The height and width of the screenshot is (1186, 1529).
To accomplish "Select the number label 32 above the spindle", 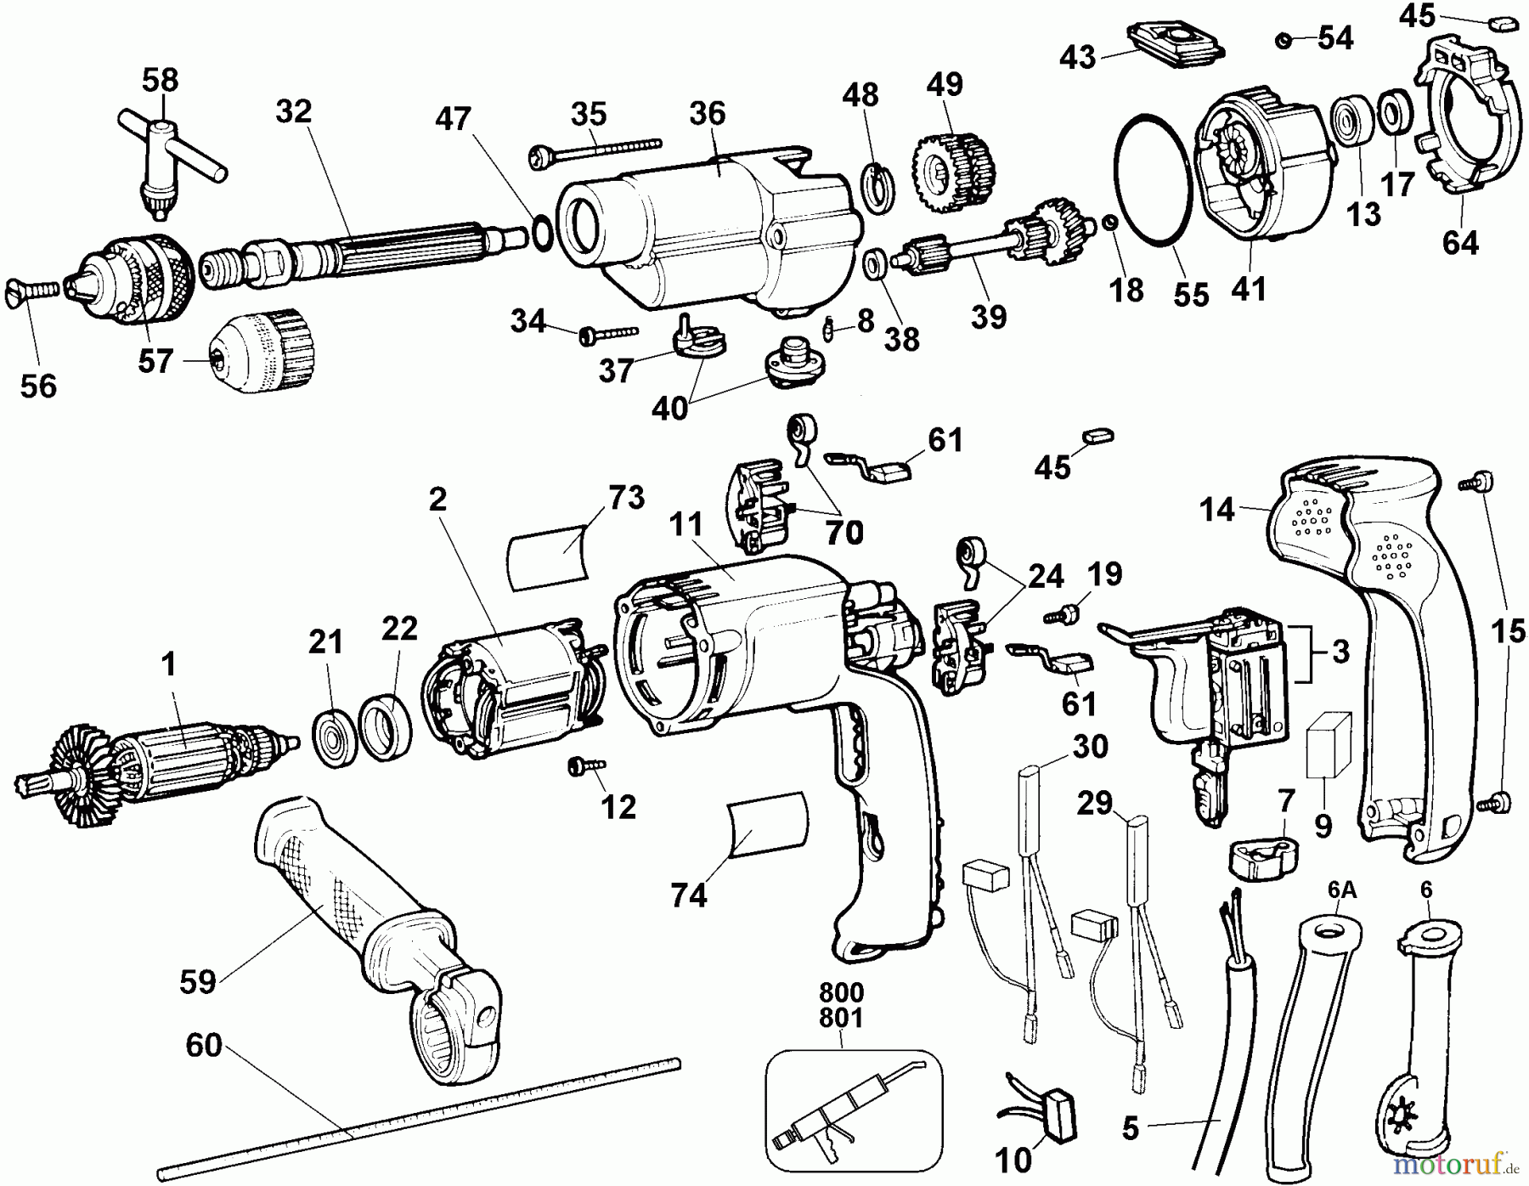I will (294, 111).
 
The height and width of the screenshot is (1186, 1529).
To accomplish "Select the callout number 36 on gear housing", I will (708, 113).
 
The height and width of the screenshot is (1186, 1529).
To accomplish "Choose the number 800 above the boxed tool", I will (841, 992).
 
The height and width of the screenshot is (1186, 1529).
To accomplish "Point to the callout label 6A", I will (1341, 889).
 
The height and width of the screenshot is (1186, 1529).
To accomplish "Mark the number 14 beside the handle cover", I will (1216, 510).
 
